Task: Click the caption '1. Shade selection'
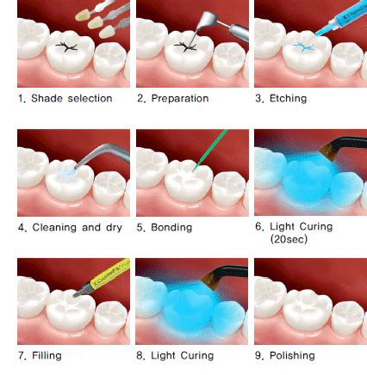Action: [65, 98]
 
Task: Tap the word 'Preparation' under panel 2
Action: [180, 98]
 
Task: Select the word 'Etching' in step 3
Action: [288, 98]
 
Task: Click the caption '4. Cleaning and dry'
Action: [70, 227]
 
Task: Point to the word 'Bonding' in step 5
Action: [171, 227]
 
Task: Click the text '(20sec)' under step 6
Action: [289, 239]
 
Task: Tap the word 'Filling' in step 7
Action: [47, 355]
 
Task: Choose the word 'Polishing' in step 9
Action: [292, 355]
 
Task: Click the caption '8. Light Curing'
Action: [175, 355]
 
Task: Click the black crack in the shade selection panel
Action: [66, 46]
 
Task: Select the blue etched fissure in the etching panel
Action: [304, 46]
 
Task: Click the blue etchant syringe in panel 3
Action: [342, 19]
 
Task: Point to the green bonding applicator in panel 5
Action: [210, 150]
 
